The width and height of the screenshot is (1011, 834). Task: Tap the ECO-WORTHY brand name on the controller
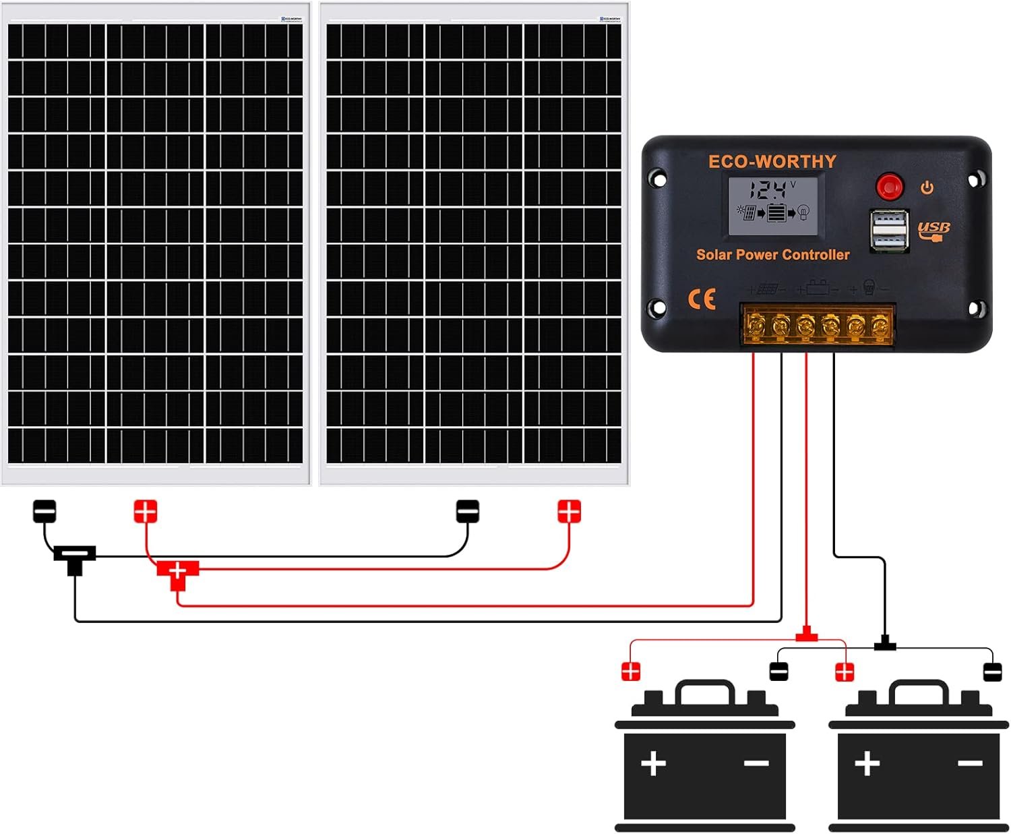pyautogui.click(x=772, y=162)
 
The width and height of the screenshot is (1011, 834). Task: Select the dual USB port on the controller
pyautogui.click(x=888, y=231)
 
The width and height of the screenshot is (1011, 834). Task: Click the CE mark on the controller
pyautogui.click(x=702, y=299)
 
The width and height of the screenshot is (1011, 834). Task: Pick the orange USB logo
pyautogui.click(x=933, y=230)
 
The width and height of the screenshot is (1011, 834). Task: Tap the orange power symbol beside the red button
pyautogui.click(x=927, y=187)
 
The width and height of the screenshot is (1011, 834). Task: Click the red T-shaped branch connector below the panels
pyautogui.click(x=177, y=573)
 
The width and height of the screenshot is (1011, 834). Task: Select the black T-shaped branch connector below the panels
pyautogui.click(x=74, y=558)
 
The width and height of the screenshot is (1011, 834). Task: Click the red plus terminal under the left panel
pyautogui.click(x=145, y=511)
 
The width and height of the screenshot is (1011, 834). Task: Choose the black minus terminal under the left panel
pyautogui.click(x=44, y=511)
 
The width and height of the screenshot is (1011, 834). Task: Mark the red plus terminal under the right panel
pyautogui.click(x=569, y=511)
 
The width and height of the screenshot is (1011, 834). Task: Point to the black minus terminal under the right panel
pyautogui.click(x=468, y=511)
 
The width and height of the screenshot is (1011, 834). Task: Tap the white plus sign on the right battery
pyautogui.click(x=867, y=763)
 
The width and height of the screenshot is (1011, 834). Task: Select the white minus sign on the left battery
pyautogui.click(x=756, y=763)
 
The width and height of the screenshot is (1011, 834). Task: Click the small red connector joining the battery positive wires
pyautogui.click(x=806, y=635)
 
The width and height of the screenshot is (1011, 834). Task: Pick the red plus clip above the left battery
pyautogui.click(x=631, y=672)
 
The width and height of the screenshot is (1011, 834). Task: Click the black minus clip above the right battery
pyautogui.click(x=992, y=672)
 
